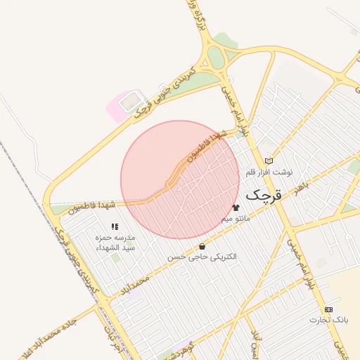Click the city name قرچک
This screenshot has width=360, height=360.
[263, 194]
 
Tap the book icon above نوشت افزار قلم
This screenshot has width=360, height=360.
[269, 161]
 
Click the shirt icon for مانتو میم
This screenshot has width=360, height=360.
[236, 207]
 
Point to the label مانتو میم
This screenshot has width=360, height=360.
[236, 219]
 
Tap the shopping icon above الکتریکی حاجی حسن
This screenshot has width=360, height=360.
[202, 247]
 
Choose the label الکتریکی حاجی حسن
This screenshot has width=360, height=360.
[202, 257]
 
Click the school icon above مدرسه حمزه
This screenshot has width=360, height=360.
[115, 226]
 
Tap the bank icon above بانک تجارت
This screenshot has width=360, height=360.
[328, 309]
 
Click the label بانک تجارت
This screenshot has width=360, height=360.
[328, 320]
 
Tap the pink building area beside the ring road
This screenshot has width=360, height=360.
[121, 106]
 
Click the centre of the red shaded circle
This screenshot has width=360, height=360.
[180, 180]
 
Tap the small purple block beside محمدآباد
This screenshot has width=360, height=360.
[134, 295]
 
